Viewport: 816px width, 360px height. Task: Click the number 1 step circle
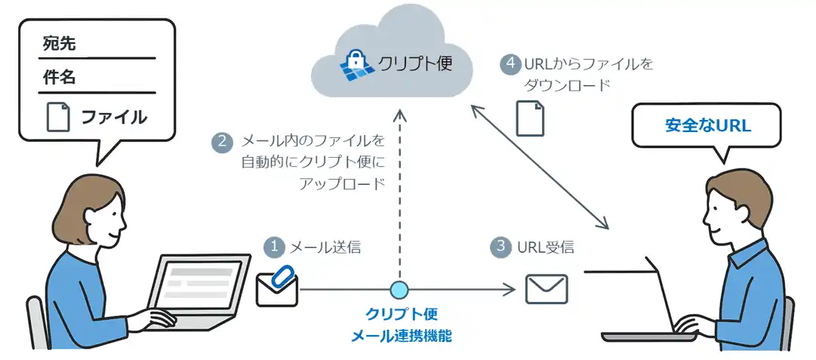pyautogui.click(x=274, y=247)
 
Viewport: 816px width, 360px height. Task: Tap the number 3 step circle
pyautogui.click(x=500, y=247)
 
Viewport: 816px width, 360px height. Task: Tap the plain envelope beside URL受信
pyautogui.click(x=546, y=289)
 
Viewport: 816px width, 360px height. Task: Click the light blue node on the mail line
pyautogui.click(x=399, y=289)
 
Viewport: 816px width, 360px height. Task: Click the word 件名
pyautogui.click(x=60, y=78)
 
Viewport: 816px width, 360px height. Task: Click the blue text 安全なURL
pyautogui.click(x=708, y=125)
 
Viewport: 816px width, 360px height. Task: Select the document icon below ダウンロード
pyautogui.click(x=528, y=118)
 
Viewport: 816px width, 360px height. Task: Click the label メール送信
pyautogui.click(x=325, y=247)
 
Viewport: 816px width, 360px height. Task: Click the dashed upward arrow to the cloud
pyautogui.click(x=400, y=196)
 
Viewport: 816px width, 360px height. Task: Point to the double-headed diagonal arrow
pyautogui.click(x=540, y=166)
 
